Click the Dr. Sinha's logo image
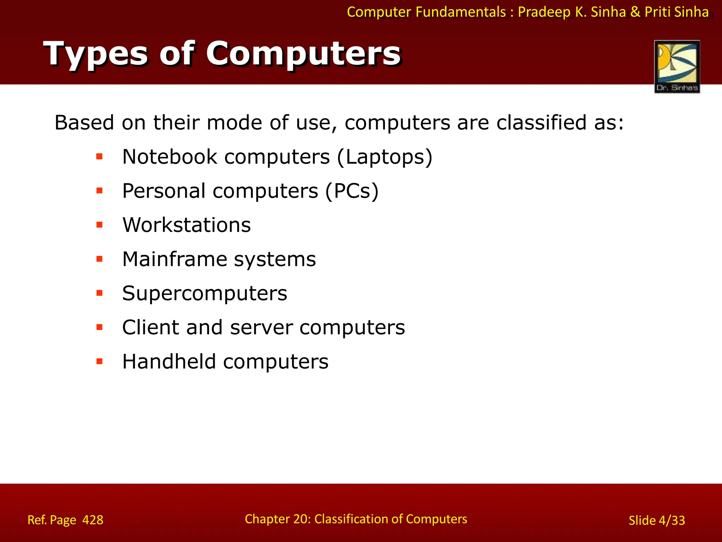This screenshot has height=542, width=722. click(677, 66)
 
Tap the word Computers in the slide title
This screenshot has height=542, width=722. click(303, 54)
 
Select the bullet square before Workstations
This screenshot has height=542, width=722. click(99, 225)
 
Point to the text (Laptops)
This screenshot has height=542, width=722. click(385, 157)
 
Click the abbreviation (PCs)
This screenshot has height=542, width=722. click(351, 191)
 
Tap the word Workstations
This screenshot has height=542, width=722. click(186, 225)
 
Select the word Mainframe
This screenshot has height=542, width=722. click(175, 259)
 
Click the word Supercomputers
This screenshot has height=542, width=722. click(204, 294)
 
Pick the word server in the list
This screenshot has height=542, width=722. click(261, 327)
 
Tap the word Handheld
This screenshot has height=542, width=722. click(169, 362)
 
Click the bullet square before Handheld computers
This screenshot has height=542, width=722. click(99, 361)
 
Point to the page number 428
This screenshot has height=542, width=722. click(93, 520)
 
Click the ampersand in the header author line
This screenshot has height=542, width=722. click(635, 12)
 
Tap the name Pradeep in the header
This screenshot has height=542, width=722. click(544, 12)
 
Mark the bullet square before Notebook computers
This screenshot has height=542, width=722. click(99, 156)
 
